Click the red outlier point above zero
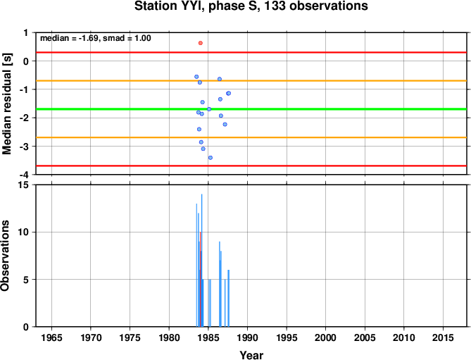(201, 43)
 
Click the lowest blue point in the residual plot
(211, 158)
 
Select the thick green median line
(251, 108)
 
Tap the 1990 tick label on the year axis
(247, 337)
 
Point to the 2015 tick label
(443, 337)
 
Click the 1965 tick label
(51, 337)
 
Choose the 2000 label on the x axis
(325, 337)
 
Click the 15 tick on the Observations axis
(23, 185)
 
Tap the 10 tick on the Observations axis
(23, 232)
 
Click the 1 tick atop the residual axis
(26, 32)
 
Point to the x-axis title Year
(251, 355)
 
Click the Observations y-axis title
(5, 256)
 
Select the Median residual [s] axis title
(7, 104)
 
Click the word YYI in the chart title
(187, 6)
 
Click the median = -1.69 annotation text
(69, 38)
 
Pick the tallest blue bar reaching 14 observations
(201, 260)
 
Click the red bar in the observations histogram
(200, 279)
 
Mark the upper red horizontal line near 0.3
(251, 52)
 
